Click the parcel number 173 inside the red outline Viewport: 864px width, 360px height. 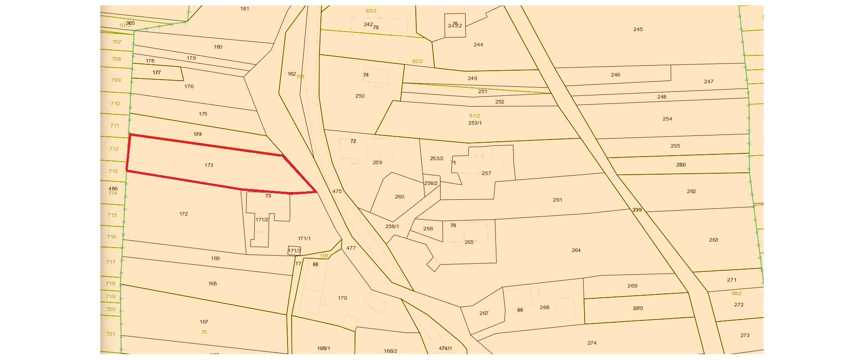[209, 165]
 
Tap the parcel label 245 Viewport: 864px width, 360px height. [638, 29]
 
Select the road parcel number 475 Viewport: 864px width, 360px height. [337, 191]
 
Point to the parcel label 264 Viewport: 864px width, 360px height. [576, 250]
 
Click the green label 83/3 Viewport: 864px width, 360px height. [371, 11]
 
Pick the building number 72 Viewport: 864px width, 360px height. [353, 141]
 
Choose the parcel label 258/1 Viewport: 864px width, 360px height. [392, 226]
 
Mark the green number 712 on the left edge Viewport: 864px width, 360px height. [114, 149]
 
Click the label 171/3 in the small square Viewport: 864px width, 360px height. [294, 251]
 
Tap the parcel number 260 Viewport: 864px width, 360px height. [399, 197]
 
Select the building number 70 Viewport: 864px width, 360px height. [453, 225]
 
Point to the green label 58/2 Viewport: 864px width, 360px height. [737, 293]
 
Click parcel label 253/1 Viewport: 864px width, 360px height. [475, 123]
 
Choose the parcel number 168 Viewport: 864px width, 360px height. [212, 283]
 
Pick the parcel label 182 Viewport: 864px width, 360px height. [292, 74]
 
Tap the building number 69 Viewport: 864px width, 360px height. [520, 310]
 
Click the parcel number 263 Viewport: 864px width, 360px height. [713, 240]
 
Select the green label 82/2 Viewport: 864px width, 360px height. [417, 61]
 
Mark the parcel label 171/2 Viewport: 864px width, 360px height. [262, 220]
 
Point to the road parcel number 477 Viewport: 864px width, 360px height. [351, 248]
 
